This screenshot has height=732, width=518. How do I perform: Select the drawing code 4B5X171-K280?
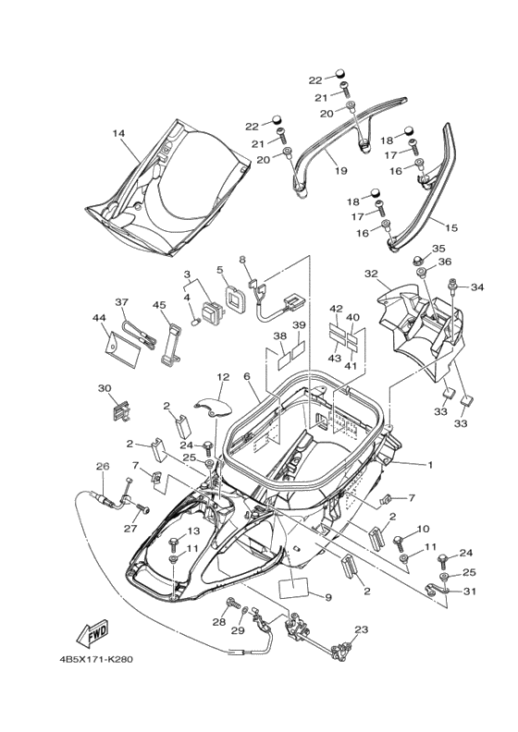(96, 660)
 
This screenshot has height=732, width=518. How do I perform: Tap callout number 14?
(118, 133)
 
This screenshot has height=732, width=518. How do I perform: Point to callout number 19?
(341, 170)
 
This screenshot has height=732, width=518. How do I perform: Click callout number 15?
(451, 227)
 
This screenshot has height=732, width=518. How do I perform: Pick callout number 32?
(371, 274)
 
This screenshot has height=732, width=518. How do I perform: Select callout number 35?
(438, 249)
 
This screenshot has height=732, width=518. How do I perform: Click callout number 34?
(477, 287)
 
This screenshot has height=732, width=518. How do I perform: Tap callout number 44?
(99, 318)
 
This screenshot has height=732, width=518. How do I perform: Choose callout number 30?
(105, 388)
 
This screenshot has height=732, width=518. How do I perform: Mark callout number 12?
(223, 376)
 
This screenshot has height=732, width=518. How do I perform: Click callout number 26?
(103, 467)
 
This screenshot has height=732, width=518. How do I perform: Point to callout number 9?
(328, 597)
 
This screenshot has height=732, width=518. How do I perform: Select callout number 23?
(361, 629)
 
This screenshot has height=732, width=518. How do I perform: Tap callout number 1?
(430, 465)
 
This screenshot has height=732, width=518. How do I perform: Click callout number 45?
(159, 305)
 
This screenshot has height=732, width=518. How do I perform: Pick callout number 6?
(247, 376)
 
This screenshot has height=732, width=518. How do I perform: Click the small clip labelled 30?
(121, 409)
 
